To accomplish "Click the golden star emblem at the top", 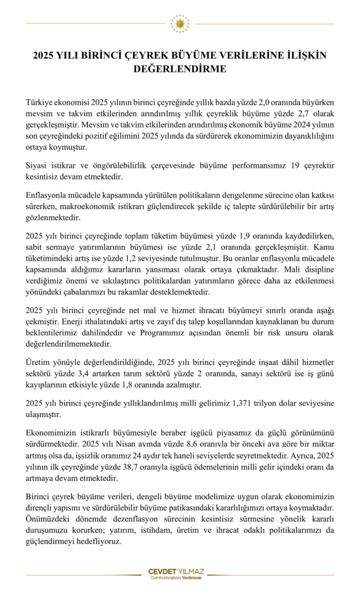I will point(180,24).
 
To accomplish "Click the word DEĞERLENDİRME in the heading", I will point(180,69).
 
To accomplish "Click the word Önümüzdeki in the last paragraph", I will point(48,519).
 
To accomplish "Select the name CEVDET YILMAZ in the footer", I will point(180,571).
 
